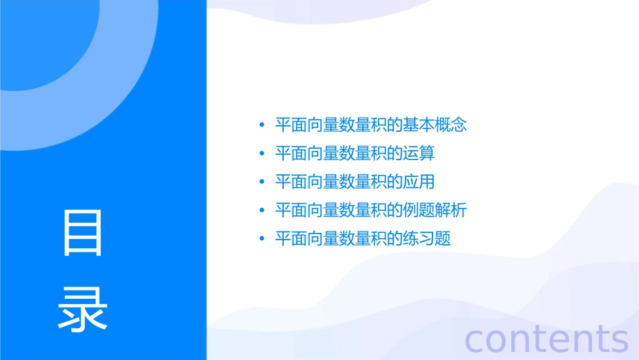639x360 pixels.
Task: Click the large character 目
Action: pos(83,232)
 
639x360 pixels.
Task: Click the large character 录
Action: pos(83,309)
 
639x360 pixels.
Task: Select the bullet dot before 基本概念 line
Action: pos(262,125)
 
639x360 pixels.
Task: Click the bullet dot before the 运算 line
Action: pos(262,154)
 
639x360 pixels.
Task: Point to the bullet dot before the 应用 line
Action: pos(262,182)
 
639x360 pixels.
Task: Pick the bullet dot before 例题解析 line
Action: pos(262,211)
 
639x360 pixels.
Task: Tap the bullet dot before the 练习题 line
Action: pos(262,240)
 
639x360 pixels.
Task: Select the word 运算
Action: pos(419,154)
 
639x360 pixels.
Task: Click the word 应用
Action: pos(419,182)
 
